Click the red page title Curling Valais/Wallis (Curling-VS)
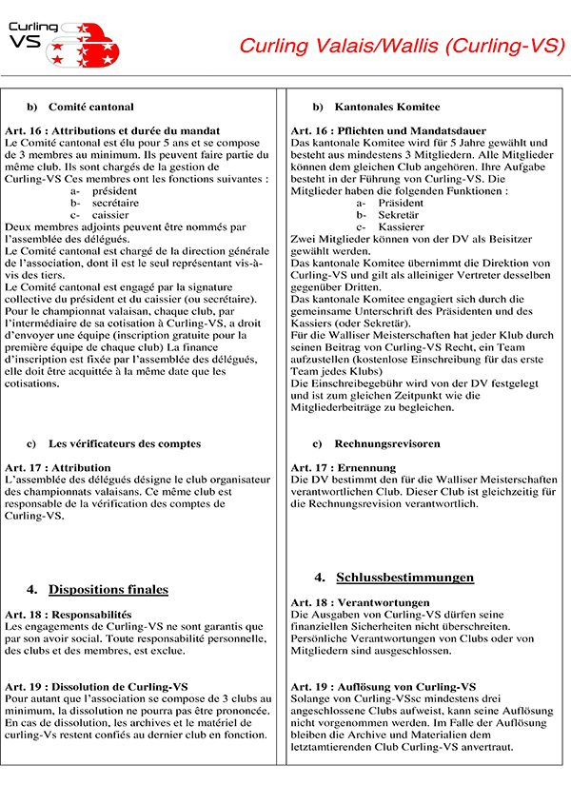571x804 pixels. [x=402, y=46]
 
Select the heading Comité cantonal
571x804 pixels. [x=91, y=107]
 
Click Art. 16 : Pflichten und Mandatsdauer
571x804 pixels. [x=388, y=130]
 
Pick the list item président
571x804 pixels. [x=114, y=191]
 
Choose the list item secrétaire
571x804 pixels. [x=115, y=203]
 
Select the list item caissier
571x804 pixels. [x=110, y=215]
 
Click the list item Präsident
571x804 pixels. [x=401, y=203]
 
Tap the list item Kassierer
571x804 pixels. [x=401, y=227]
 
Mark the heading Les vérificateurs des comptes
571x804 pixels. [x=125, y=443]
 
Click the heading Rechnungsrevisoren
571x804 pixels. [x=387, y=443]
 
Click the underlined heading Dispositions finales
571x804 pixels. [x=108, y=590]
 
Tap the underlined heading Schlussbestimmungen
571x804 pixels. [x=404, y=578]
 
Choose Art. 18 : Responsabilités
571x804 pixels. [x=68, y=615]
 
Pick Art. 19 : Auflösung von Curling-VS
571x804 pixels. [x=384, y=686]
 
